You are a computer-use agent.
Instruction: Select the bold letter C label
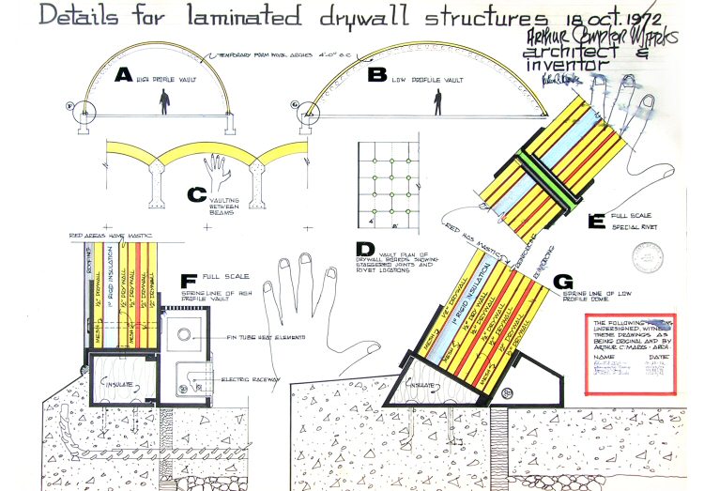coord(196,194)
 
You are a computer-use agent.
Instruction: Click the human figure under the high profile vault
coord(166,102)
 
